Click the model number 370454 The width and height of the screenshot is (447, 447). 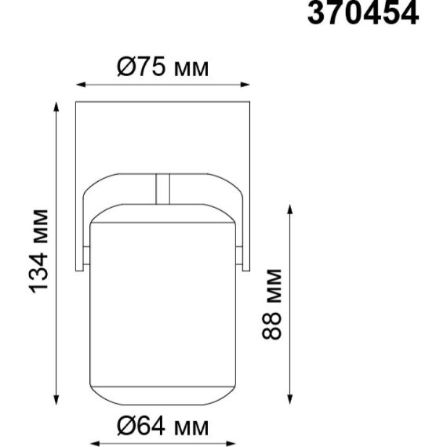click(362, 15)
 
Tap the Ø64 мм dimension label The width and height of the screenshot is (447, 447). click(163, 427)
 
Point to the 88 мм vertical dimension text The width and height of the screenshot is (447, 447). click(271, 303)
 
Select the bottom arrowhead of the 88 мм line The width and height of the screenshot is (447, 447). click(291, 401)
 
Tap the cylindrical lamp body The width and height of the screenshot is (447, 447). click(163, 306)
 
